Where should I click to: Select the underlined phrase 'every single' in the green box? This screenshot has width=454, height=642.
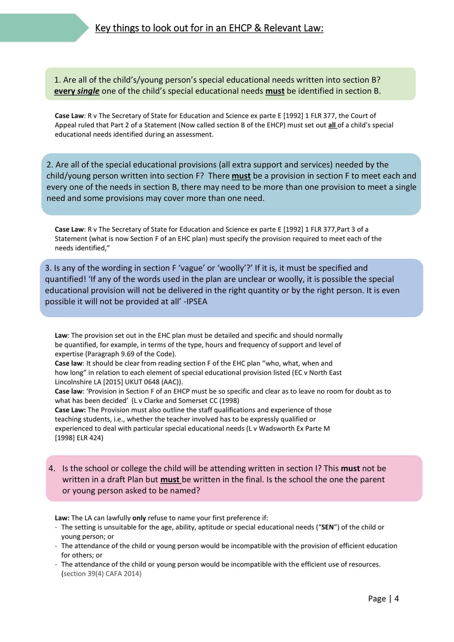pos(77,91)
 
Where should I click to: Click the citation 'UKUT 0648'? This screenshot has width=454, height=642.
pos(141,382)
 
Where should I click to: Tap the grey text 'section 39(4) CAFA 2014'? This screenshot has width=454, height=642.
pos(102,573)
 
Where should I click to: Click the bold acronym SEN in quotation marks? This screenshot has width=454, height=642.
pos(328,527)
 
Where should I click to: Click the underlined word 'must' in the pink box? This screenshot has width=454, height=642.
pos(170,480)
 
